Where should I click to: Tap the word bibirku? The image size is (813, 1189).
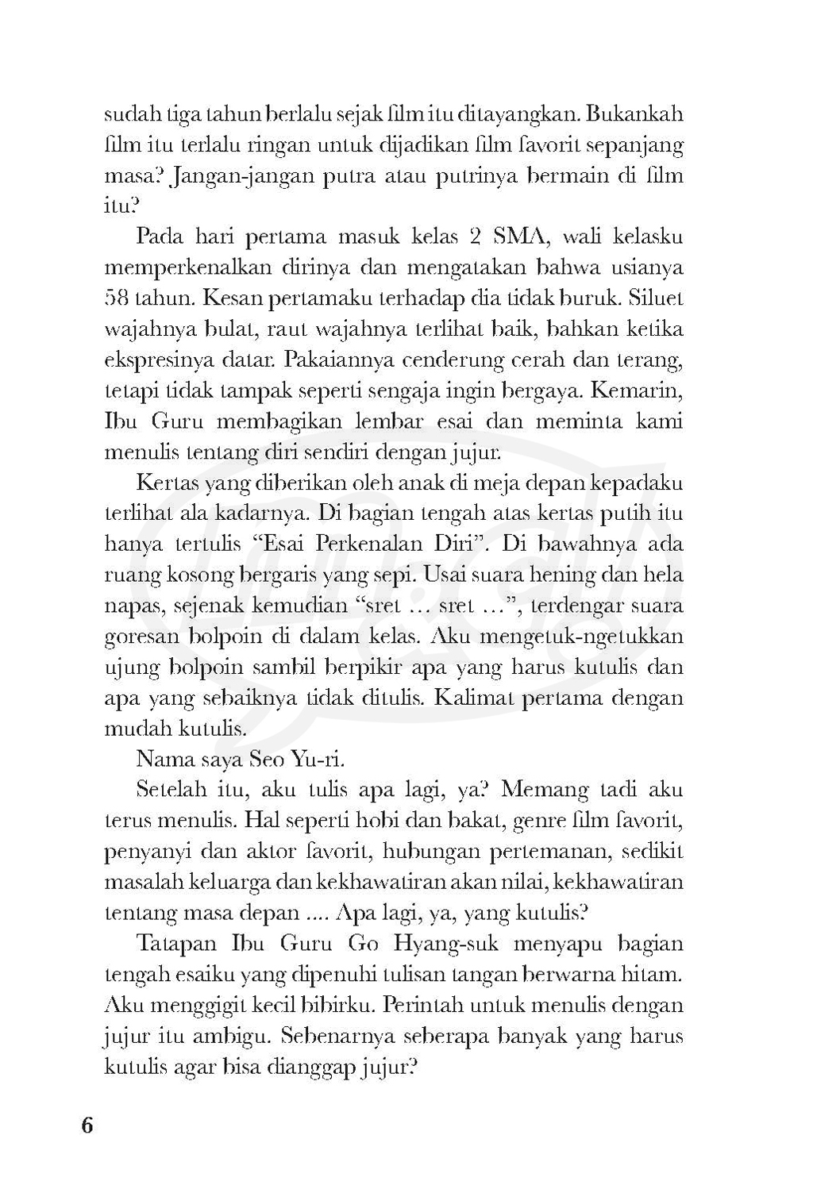click(x=337, y=1006)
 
